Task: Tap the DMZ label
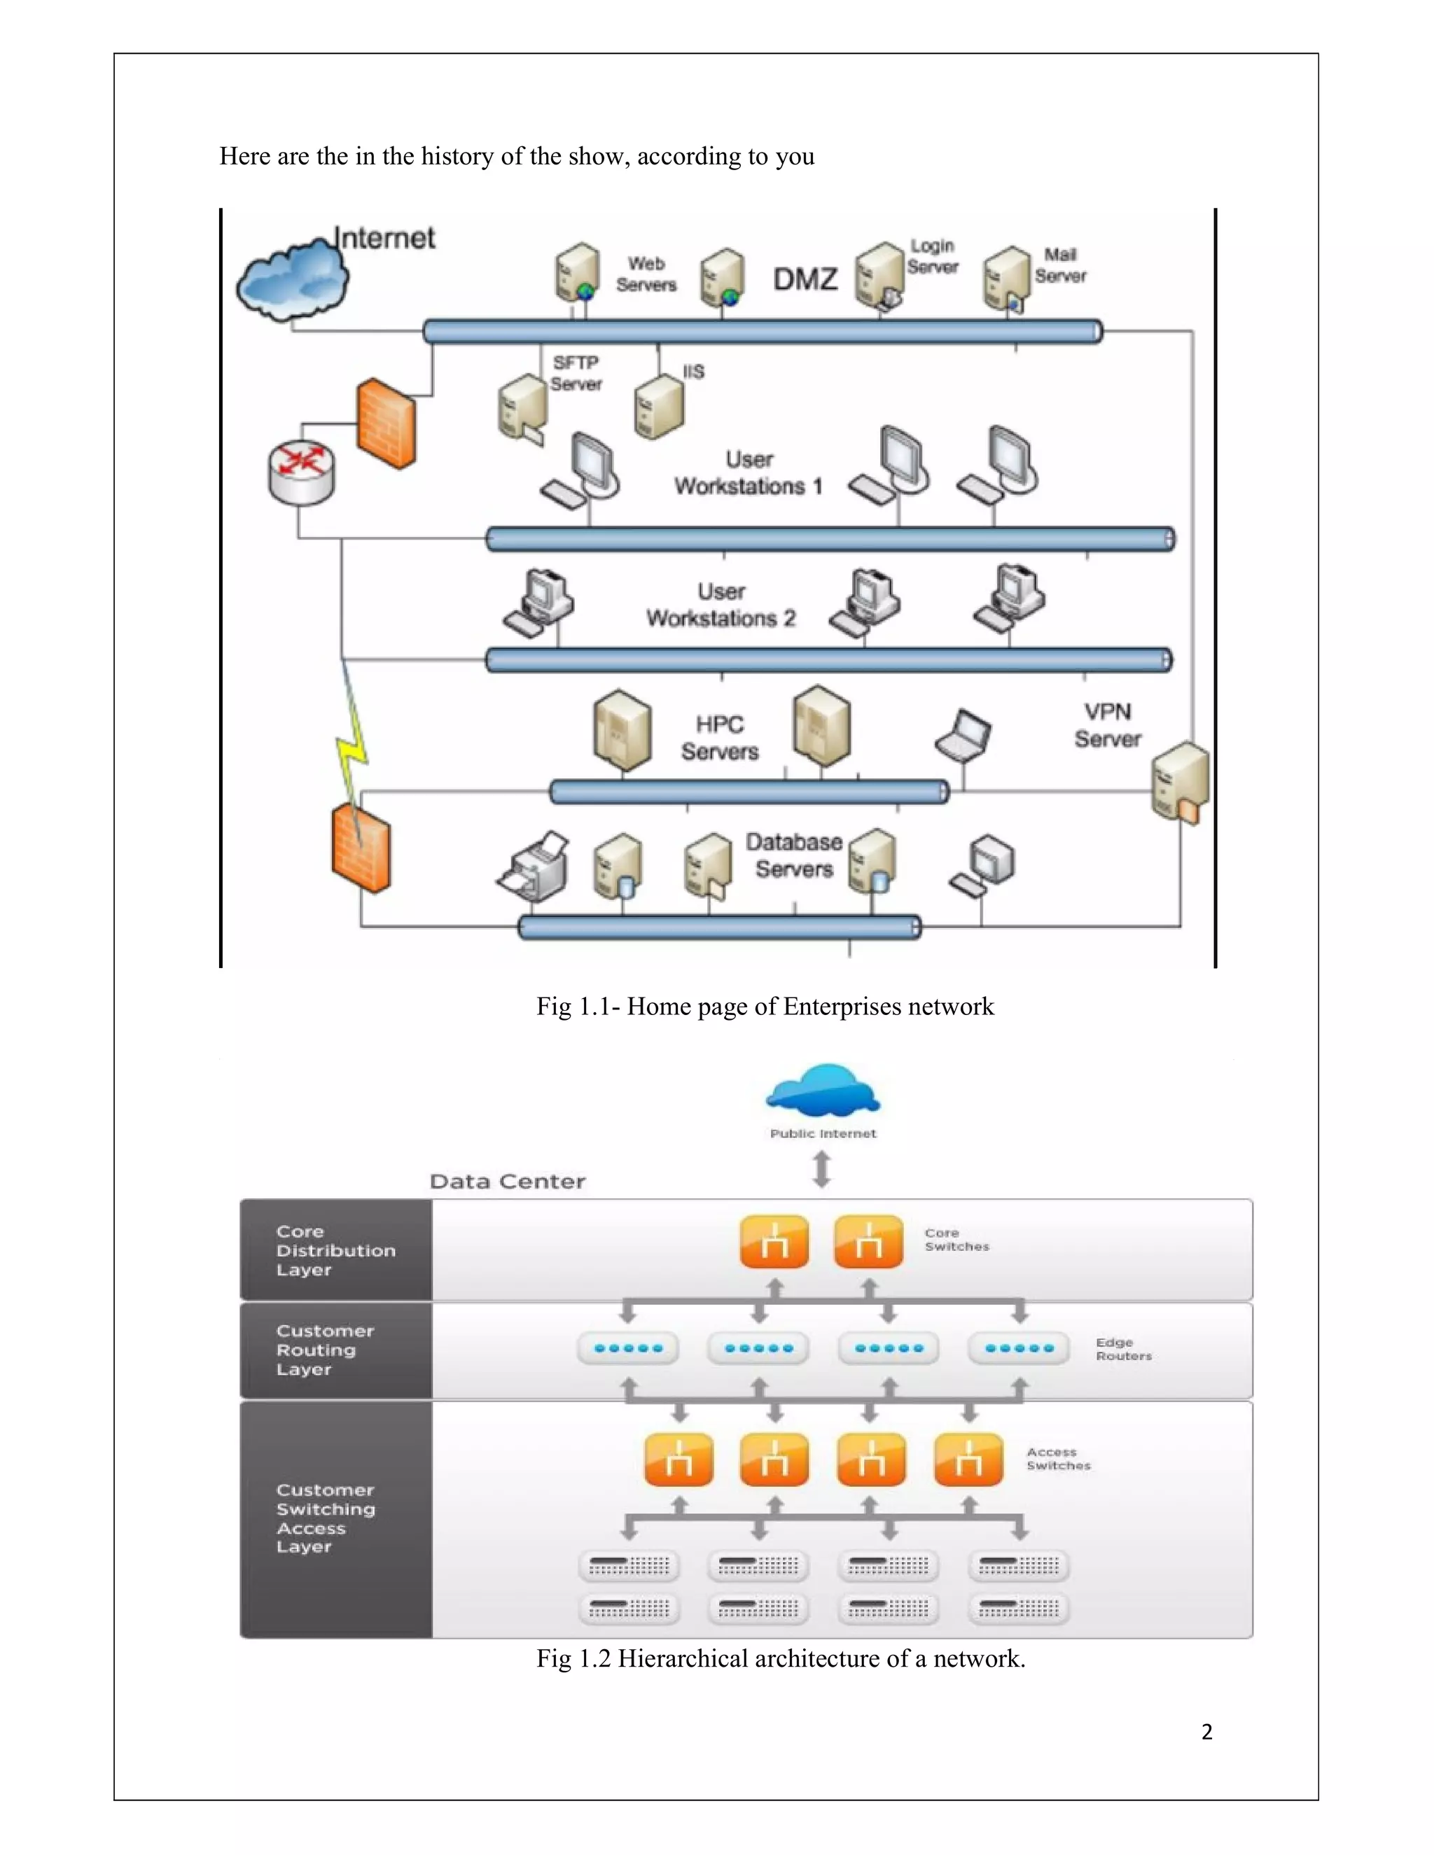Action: (805, 279)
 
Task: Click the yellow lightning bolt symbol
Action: (353, 748)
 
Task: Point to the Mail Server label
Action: (1060, 265)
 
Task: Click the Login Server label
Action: (932, 255)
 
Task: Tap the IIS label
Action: (693, 372)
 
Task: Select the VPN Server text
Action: (1107, 724)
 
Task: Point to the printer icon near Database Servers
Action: (534, 867)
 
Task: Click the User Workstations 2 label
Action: (721, 605)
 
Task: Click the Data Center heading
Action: (507, 1182)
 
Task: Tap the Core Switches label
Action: (956, 1239)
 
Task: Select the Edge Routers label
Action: (1123, 1349)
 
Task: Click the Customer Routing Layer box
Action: (335, 1350)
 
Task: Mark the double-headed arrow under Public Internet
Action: (821, 1169)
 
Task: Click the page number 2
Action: (1206, 1732)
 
